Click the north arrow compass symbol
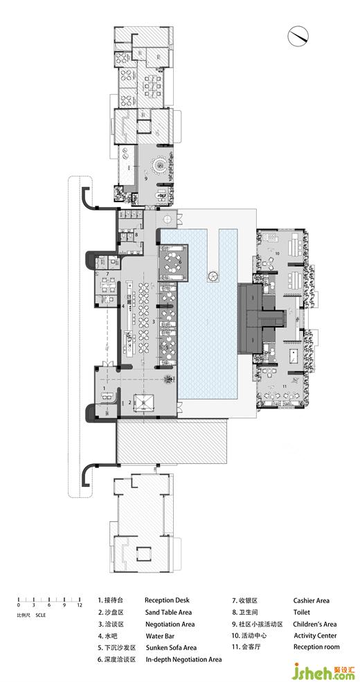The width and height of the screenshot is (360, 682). [298, 36]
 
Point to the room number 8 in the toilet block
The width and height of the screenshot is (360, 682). [136, 235]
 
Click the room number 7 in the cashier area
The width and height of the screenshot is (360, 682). [107, 273]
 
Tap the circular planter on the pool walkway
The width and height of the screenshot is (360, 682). [213, 276]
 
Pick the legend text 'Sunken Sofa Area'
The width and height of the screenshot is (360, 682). [171, 647]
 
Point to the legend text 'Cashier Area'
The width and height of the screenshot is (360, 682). [312, 601]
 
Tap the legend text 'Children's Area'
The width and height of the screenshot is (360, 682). [315, 624]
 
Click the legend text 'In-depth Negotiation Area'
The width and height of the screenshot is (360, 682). [183, 659]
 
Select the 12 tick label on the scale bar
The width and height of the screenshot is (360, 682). [79, 605]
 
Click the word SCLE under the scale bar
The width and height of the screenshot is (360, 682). [40, 615]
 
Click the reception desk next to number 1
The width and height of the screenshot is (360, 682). [107, 396]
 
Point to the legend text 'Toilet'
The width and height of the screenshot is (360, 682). [302, 612]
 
